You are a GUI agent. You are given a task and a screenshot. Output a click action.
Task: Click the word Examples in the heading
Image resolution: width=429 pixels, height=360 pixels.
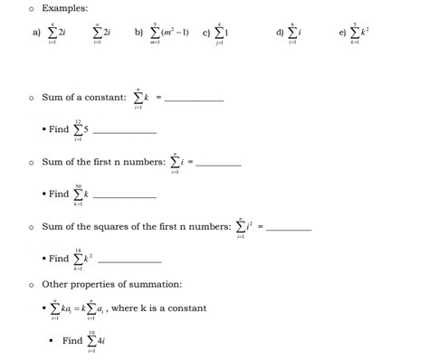pos(65,8)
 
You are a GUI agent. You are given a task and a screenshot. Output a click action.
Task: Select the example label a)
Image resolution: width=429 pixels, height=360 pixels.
pos(35,34)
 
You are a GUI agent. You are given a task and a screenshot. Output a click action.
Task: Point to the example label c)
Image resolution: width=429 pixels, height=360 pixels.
pos(206,34)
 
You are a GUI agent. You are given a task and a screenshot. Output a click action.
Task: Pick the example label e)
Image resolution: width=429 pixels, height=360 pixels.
pos(342,34)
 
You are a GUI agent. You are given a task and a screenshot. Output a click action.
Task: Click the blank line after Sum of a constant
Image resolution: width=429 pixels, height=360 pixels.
pos(193,99)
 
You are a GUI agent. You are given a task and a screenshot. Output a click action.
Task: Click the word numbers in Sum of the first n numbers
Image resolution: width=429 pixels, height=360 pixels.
pos(145,161)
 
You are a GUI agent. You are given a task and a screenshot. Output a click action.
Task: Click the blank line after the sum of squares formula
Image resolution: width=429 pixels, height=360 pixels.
pos(289,229)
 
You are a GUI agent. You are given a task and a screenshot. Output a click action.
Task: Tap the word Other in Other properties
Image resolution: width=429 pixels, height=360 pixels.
pos(55,283)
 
